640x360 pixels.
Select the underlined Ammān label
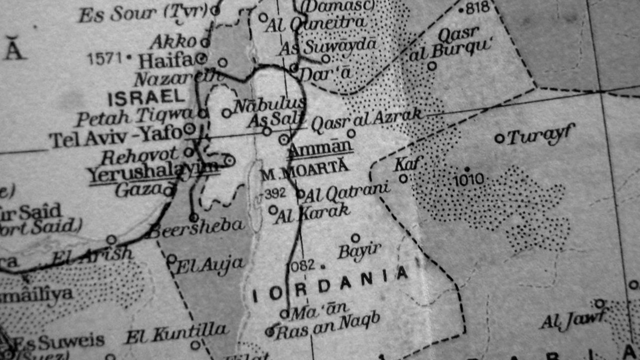pyautogui.click(x=321, y=148)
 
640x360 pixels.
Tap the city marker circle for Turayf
pyautogui.click(x=499, y=138)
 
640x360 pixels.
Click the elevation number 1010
pyautogui.click(x=468, y=179)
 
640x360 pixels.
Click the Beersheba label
pyautogui.click(x=197, y=228)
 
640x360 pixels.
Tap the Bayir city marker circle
pyautogui.click(x=355, y=238)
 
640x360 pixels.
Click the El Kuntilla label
pyautogui.click(x=177, y=332)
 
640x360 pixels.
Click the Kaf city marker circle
pyautogui.click(x=403, y=178)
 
